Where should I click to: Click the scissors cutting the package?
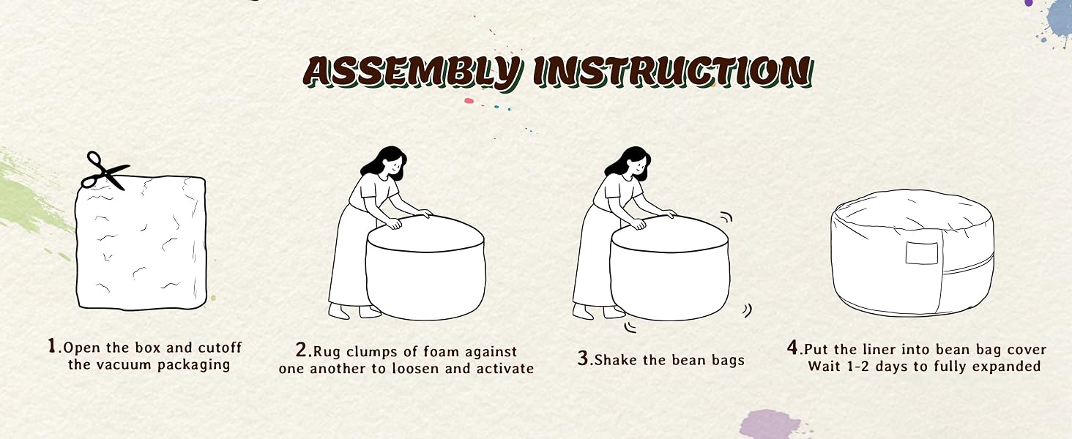click(x=104, y=170)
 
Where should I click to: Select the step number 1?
click(x=52, y=345)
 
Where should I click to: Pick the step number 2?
click(x=302, y=350)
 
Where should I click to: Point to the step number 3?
click(x=582, y=359)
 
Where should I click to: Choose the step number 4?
click(x=792, y=348)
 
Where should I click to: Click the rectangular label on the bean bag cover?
click(x=922, y=253)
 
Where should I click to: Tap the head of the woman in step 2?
click(x=388, y=162)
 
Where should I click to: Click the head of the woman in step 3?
click(x=632, y=162)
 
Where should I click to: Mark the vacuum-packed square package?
click(x=141, y=242)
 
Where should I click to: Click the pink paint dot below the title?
click(x=469, y=101)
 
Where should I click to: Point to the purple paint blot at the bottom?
click(x=770, y=424)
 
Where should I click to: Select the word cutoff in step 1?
click(x=220, y=348)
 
